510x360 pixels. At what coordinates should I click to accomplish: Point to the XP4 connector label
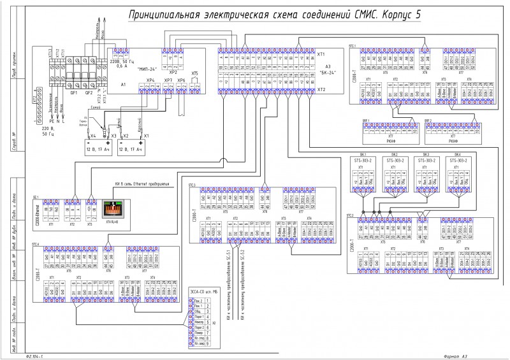150,80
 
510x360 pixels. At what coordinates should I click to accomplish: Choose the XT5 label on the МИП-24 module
194,73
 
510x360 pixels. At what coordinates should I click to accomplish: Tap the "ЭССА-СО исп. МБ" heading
206,292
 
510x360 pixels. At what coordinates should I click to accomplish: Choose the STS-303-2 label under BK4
458,162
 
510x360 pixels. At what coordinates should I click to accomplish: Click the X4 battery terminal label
93,136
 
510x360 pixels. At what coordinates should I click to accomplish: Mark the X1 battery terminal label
147,136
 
